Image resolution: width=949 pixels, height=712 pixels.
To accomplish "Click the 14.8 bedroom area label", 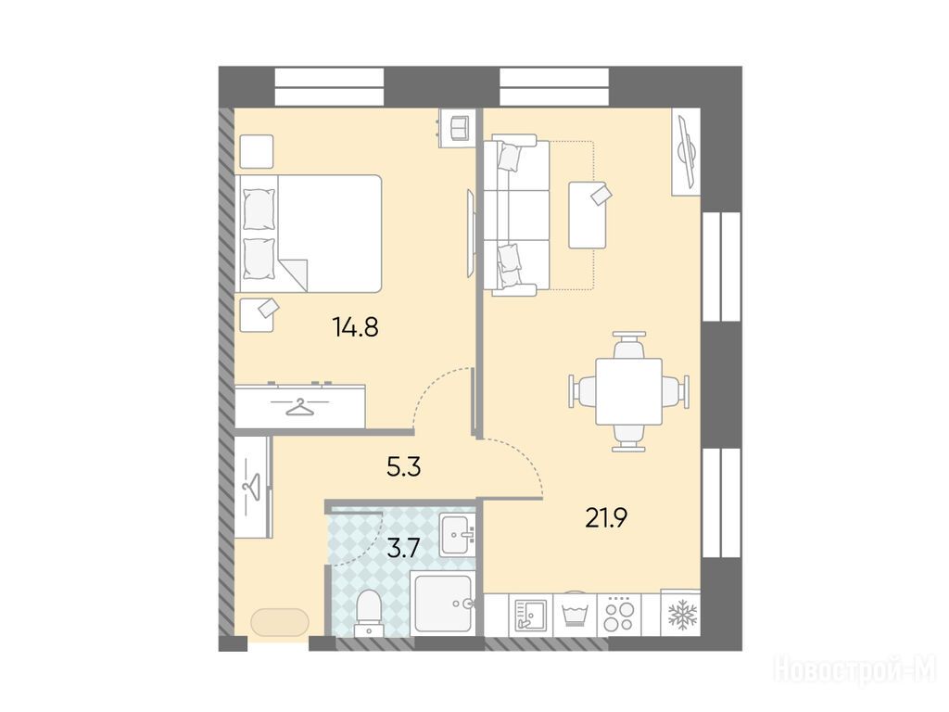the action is [x=355, y=327].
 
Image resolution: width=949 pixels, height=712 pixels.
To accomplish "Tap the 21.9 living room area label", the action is [x=606, y=517].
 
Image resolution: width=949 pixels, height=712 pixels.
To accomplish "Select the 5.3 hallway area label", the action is [x=404, y=467].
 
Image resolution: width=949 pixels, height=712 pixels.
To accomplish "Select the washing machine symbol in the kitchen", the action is [x=575, y=615].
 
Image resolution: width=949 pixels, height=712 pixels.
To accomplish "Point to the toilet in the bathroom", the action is [x=369, y=613].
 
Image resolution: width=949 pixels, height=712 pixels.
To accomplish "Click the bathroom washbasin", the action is [x=458, y=535].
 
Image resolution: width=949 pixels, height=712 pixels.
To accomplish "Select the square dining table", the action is [x=629, y=391].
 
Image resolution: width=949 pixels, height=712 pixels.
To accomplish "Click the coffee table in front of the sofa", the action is [x=588, y=215].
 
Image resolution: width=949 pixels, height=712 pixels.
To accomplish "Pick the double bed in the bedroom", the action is [x=309, y=234].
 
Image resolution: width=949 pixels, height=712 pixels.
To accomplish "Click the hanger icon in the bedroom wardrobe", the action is [x=300, y=408].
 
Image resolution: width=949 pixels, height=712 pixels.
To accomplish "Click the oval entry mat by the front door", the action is [x=280, y=622].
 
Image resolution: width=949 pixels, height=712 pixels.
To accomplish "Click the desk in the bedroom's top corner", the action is [x=458, y=127].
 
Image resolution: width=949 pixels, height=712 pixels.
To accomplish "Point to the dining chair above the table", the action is [x=629, y=345].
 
